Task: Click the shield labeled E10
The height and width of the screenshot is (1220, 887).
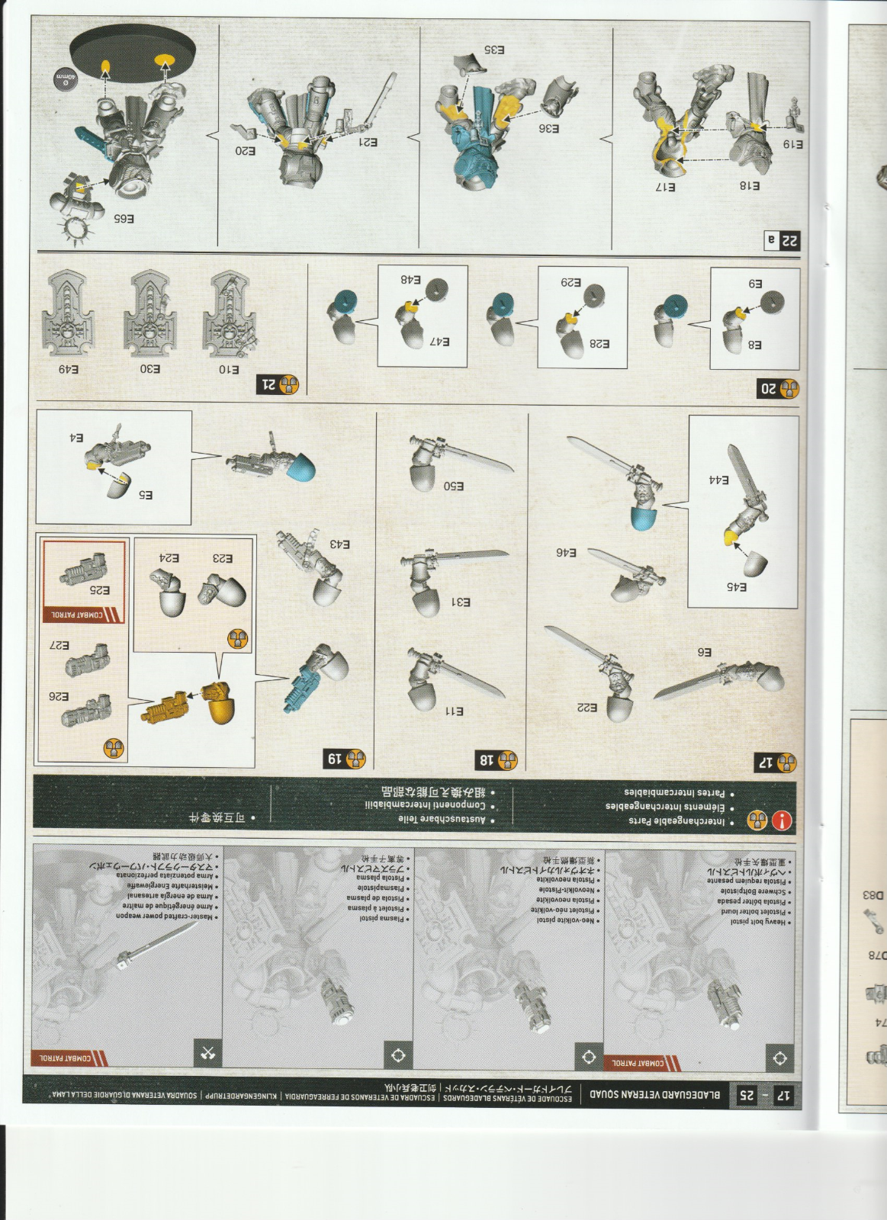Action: pyautogui.click(x=229, y=313)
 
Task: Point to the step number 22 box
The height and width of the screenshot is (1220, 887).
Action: pyautogui.click(x=782, y=241)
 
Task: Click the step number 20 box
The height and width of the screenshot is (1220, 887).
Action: pyautogui.click(x=778, y=389)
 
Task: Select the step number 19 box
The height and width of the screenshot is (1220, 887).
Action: pyautogui.click(x=345, y=759)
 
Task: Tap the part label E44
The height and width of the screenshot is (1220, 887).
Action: pyautogui.click(x=718, y=480)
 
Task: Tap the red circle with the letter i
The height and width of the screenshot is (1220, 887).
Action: pyautogui.click(x=782, y=820)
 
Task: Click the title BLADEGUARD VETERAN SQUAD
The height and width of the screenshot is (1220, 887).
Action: pyautogui.click(x=655, y=1094)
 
